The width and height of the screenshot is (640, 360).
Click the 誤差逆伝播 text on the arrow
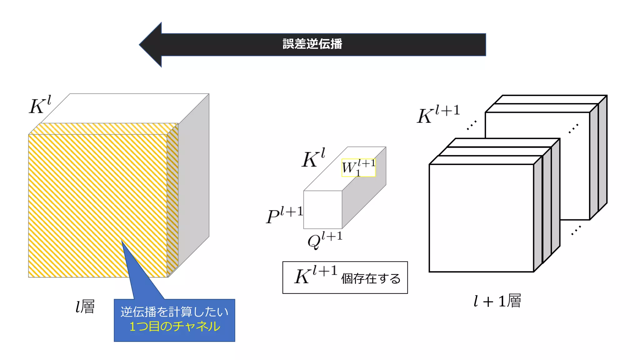coord(312,44)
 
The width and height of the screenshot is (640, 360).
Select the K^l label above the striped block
coord(40,105)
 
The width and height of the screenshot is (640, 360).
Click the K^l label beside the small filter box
coord(313,158)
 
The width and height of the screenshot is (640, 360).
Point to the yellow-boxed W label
coord(358,168)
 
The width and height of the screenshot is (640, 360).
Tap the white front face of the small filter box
coord(322,210)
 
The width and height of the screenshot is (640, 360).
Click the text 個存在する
coord(371,278)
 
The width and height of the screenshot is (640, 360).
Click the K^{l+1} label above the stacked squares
coord(438,114)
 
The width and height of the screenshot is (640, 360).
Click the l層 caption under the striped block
coord(85,307)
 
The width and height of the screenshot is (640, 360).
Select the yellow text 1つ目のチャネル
coord(175,327)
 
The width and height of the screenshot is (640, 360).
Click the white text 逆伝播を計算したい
coord(174,312)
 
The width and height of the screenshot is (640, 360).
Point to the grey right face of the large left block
coord(194,181)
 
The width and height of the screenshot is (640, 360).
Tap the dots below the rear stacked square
coord(576,230)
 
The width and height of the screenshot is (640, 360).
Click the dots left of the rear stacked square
coord(472,125)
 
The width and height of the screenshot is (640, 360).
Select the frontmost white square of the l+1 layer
coord(481,218)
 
